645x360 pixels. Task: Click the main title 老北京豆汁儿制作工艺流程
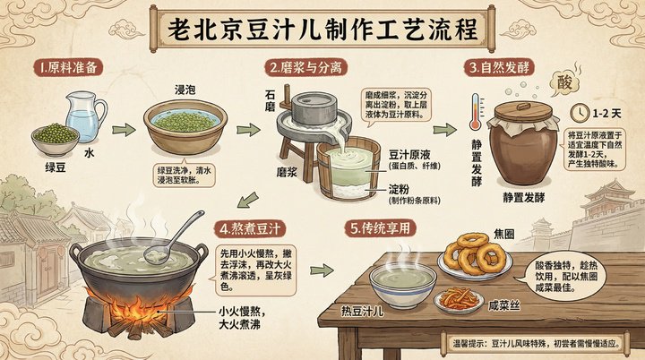(322, 27)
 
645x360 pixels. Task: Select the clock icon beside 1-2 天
(580, 114)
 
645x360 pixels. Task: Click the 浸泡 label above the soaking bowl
(185, 91)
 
